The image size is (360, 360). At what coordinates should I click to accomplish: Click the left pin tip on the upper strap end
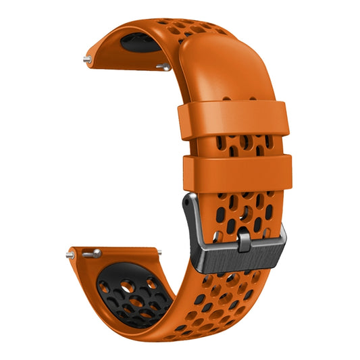click(x=86, y=59)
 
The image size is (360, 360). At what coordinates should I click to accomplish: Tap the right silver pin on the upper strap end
click(x=163, y=66)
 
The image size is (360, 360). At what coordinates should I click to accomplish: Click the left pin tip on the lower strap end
click(x=70, y=255)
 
